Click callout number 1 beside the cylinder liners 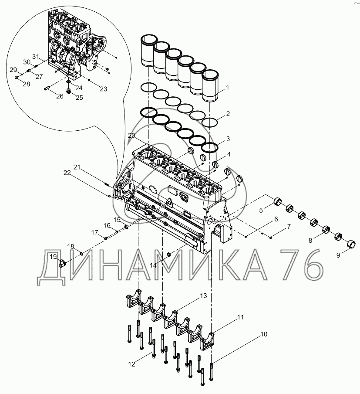tap(228, 88)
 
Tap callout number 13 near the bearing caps tap(203, 296)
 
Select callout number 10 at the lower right tap(264, 334)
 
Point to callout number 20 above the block tap(131, 136)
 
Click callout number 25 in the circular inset tap(79, 98)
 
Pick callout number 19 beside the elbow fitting tap(54, 257)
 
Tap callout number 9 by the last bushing tap(338, 255)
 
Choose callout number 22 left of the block tap(67, 173)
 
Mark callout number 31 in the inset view tap(36, 57)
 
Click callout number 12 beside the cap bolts tap(132, 364)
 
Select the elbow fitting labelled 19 tap(62, 264)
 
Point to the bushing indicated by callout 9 tap(352, 244)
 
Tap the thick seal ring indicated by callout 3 tap(209, 148)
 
